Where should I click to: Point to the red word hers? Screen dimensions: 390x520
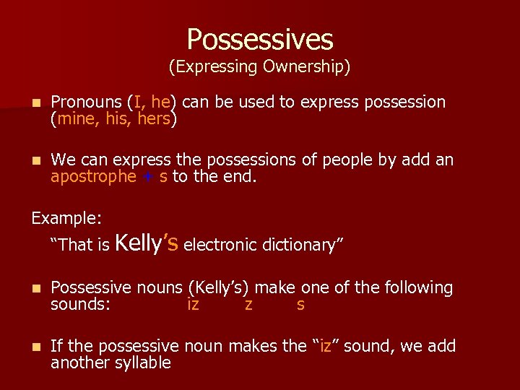tap(154, 119)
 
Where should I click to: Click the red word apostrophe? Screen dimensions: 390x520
tap(93, 177)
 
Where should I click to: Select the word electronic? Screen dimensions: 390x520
tap(220, 246)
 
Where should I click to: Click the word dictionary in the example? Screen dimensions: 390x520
tap(299, 246)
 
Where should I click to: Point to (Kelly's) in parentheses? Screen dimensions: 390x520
tap(219, 288)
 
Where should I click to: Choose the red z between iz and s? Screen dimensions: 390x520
tap(248, 305)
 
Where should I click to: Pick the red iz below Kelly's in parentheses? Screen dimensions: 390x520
tap(193, 305)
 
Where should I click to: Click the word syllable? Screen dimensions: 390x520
tap(143, 363)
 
